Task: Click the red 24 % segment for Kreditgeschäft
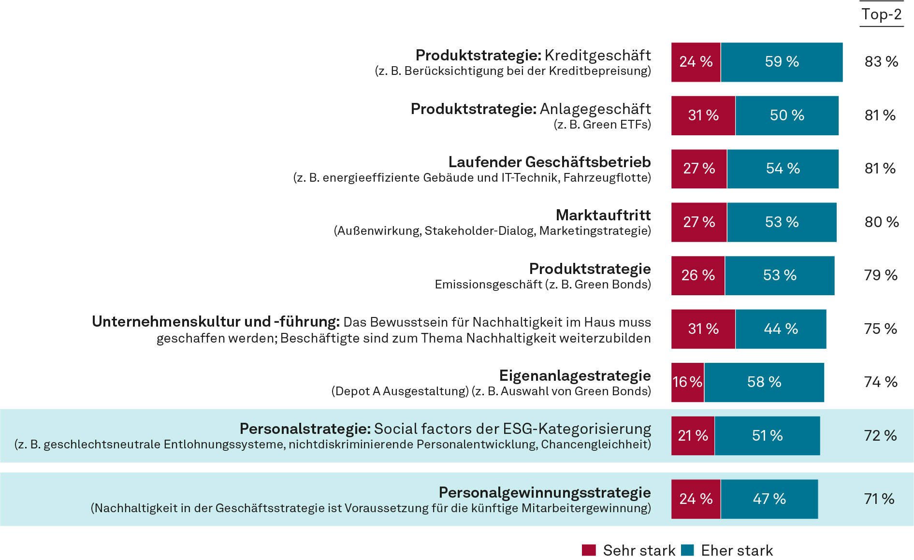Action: [x=696, y=62]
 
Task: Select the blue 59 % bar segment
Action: [x=782, y=62]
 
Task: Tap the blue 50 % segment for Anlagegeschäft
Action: [x=787, y=115]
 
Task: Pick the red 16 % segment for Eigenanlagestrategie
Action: [x=687, y=382]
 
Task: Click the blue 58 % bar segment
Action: [x=764, y=382]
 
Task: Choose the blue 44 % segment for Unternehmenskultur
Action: [x=781, y=329]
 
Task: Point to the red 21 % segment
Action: [x=693, y=436]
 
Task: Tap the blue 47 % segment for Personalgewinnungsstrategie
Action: [x=769, y=499]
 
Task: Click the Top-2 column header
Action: [x=881, y=14]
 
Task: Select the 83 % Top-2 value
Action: [x=881, y=62]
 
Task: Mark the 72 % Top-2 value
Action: [x=880, y=436]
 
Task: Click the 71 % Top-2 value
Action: [x=879, y=499]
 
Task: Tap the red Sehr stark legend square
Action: [x=589, y=550]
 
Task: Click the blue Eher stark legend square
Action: [x=687, y=550]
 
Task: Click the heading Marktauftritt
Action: [x=603, y=215]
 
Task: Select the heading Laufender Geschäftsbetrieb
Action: [x=549, y=162]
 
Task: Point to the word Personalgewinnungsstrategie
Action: [x=544, y=492]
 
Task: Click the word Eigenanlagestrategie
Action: [x=575, y=375]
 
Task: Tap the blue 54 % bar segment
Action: [x=783, y=169]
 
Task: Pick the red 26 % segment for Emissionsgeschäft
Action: [x=697, y=275]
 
